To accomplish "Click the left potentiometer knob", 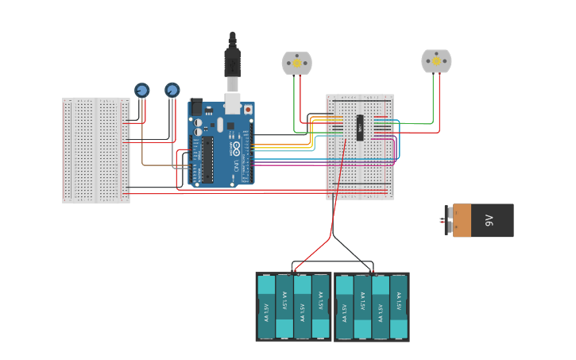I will click(x=141, y=90).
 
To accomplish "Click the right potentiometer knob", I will click(x=172, y=90).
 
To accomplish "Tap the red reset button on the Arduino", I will click(x=248, y=109).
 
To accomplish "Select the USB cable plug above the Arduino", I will click(x=232, y=64).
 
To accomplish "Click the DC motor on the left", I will click(x=296, y=63).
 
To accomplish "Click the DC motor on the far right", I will click(x=435, y=60).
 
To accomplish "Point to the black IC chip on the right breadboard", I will click(x=360, y=128).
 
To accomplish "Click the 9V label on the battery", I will click(x=489, y=220).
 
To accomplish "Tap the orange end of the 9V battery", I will click(x=462, y=220).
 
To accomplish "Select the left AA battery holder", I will click(x=293, y=307).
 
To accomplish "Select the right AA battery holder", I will click(x=371, y=307).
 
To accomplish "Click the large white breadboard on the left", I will click(x=95, y=150).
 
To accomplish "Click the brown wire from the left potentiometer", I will click(x=143, y=143).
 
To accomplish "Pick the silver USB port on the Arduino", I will click(x=232, y=103).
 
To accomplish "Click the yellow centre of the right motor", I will click(x=436, y=60).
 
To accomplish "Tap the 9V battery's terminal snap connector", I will click(x=447, y=220).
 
